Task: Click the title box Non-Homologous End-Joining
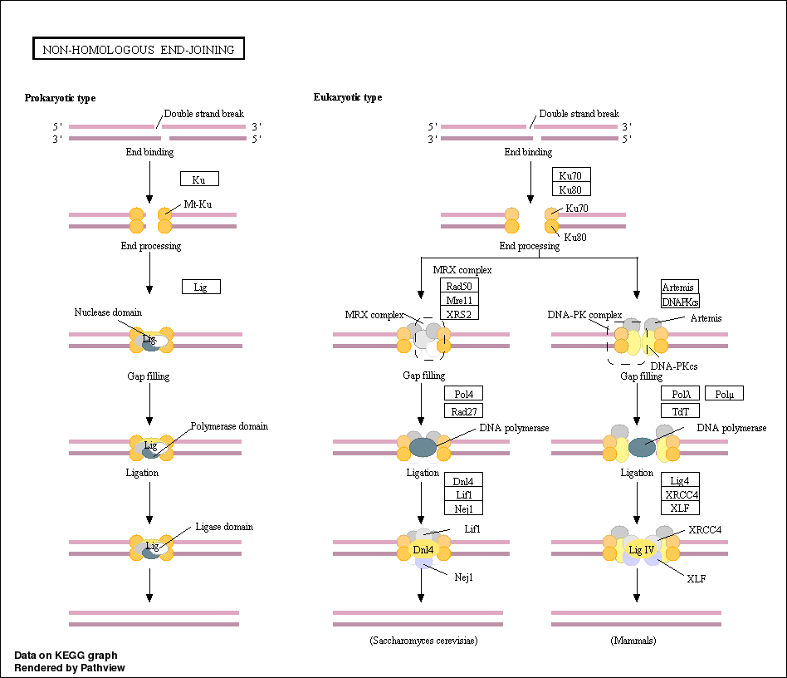[x=138, y=50]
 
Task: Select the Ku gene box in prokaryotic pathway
[x=199, y=179]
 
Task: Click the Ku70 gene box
[x=570, y=174]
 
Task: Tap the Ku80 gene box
[x=570, y=189]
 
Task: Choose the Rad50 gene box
[x=459, y=286]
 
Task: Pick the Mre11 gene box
[x=459, y=300]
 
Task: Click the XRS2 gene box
[x=459, y=314]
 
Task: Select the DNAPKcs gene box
[x=680, y=301]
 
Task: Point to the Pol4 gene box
[x=463, y=394]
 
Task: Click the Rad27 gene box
[x=463, y=410]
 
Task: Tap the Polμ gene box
[x=723, y=394]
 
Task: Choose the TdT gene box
[x=680, y=410]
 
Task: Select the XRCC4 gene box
[x=680, y=494]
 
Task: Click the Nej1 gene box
[x=463, y=508]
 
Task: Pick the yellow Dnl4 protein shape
[x=423, y=549]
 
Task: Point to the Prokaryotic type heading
[x=60, y=98]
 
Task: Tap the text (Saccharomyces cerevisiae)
[x=423, y=641]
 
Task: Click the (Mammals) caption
[x=635, y=641]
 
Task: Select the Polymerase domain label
[x=229, y=426]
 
